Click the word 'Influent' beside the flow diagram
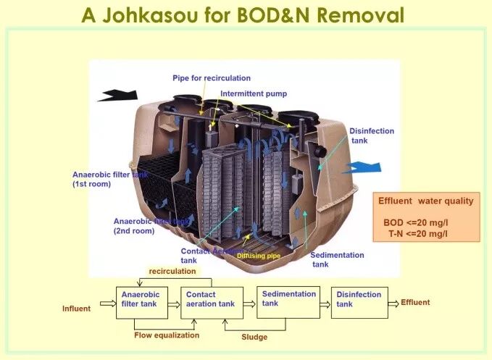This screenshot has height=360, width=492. (x=76, y=309)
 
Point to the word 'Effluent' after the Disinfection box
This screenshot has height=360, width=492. (x=415, y=302)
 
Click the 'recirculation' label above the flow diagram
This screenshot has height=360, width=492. (x=172, y=271)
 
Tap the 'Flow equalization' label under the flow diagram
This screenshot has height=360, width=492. (x=167, y=335)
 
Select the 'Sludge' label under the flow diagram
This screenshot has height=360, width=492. (x=254, y=337)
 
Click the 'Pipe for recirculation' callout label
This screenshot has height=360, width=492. (x=212, y=78)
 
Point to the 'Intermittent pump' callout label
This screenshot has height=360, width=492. (x=254, y=93)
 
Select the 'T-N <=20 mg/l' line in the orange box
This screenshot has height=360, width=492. (x=417, y=233)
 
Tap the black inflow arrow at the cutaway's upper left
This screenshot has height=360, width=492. (x=117, y=95)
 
